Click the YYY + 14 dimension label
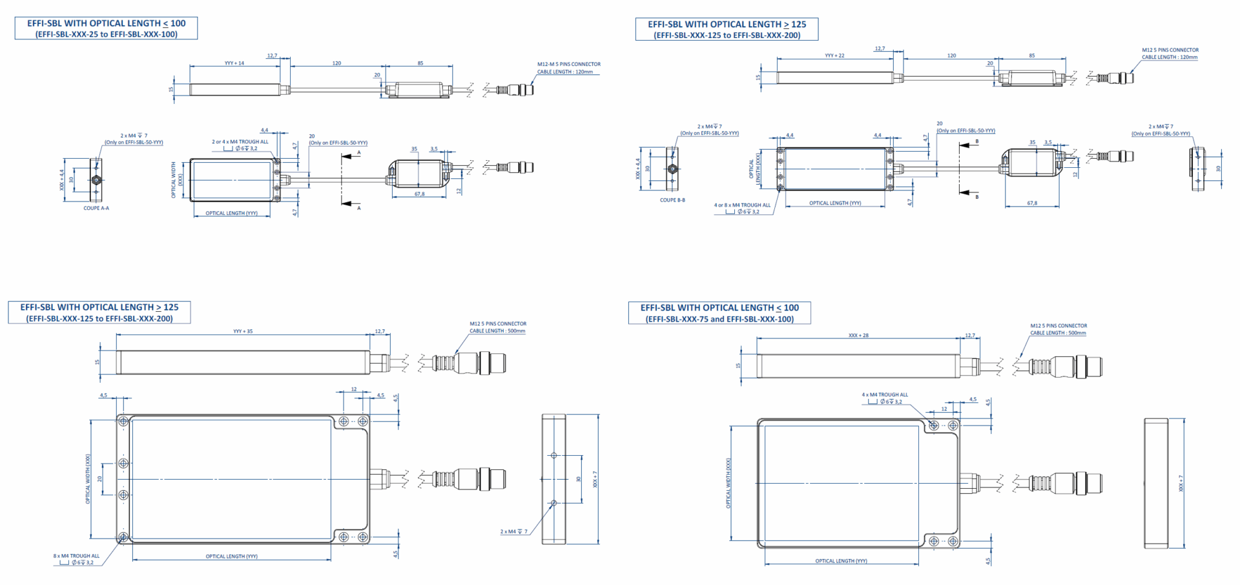coord(234,63)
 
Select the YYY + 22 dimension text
coord(834,56)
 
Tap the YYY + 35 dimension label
coord(243,331)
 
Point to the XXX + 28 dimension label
coord(858,335)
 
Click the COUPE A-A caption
coord(96,208)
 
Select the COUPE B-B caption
coord(672,200)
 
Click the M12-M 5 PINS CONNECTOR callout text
coord(568,64)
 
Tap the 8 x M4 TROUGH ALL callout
coord(76,556)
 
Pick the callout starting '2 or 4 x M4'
coord(240,141)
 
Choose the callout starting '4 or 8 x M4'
coord(742,205)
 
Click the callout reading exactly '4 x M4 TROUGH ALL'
coord(884,395)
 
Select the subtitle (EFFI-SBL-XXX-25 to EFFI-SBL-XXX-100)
coord(106,34)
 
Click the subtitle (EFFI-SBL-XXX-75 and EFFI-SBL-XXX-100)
coord(719,319)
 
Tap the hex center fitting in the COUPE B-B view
coord(672,169)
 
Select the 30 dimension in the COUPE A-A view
coord(72,180)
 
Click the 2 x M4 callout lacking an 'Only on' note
coord(513,531)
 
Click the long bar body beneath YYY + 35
coord(243,362)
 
